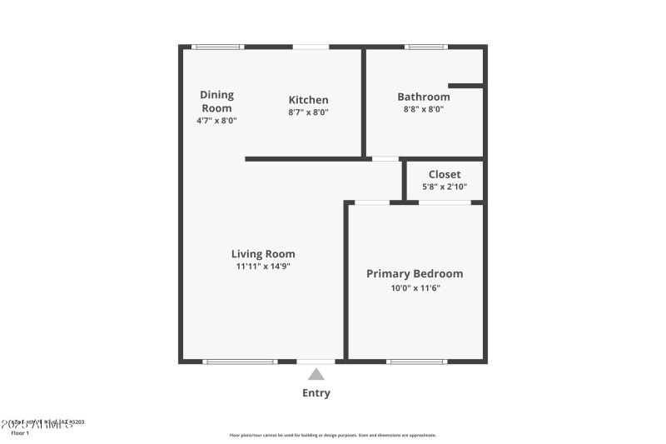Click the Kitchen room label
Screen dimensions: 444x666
click(308, 100)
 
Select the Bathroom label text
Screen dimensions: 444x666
click(423, 97)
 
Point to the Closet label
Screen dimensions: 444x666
click(444, 174)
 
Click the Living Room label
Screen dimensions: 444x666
click(263, 254)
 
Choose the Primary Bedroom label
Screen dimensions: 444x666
click(415, 273)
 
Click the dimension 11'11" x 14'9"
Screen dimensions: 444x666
click(263, 267)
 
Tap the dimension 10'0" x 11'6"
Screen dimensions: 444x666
click(415, 287)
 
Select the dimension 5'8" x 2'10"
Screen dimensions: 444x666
click(444, 187)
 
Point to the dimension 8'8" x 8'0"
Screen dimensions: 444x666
click(423, 109)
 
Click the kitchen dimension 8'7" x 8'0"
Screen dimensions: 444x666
click(308, 112)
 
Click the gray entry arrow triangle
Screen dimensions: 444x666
click(316, 375)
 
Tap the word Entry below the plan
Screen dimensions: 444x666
click(316, 393)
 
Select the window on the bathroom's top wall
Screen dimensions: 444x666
click(425, 47)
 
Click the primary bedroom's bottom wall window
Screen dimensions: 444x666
click(417, 362)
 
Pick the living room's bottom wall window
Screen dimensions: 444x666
click(240, 362)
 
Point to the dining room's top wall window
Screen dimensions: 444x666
click(217, 47)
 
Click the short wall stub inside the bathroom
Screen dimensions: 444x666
click(466, 85)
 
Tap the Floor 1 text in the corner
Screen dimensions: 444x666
click(20, 433)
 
